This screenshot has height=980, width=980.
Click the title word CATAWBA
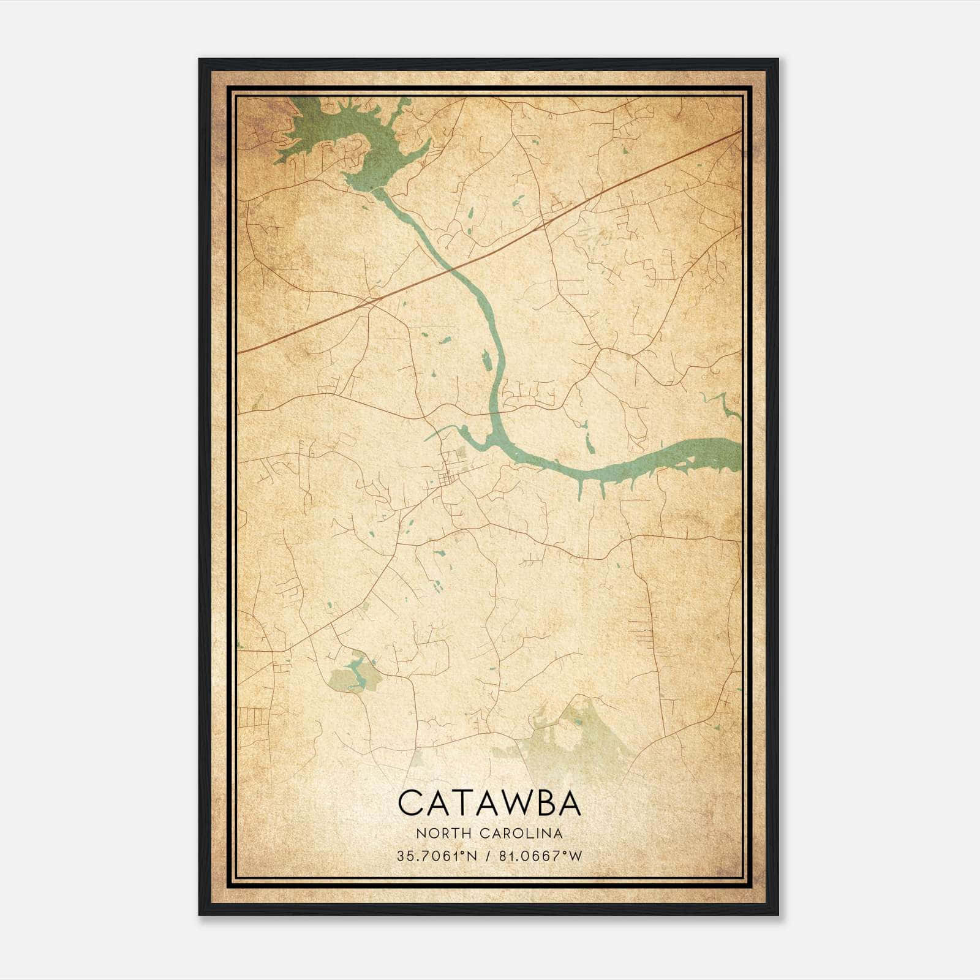click(x=489, y=803)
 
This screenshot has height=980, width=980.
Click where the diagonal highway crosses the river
click(x=453, y=268)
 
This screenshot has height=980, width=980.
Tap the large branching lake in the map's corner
click(x=343, y=132)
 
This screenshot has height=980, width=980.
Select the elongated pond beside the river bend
click(x=486, y=361)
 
